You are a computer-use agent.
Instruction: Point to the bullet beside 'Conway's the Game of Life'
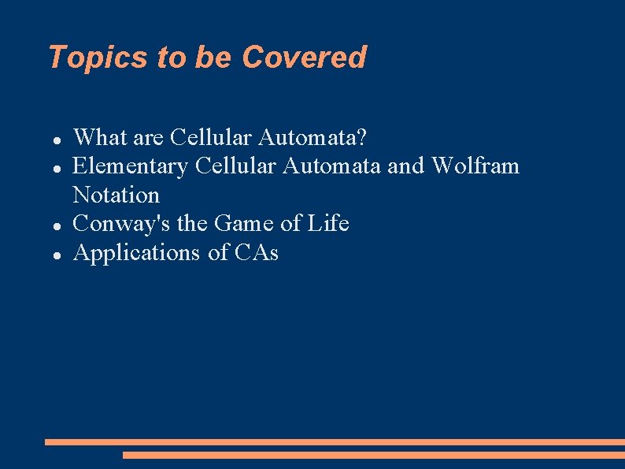coord(57,225)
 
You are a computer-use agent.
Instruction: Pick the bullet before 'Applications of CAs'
coord(57,255)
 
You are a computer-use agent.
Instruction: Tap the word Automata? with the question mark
coord(312,138)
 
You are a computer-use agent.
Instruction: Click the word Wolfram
coord(475,166)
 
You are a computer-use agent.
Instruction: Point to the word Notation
coord(116,195)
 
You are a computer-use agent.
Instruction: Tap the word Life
coord(327,224)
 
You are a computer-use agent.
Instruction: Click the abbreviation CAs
coord(257,253)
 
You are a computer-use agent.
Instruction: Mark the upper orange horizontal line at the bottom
coord(335,442)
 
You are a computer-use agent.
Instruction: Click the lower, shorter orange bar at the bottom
coord(373,455)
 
